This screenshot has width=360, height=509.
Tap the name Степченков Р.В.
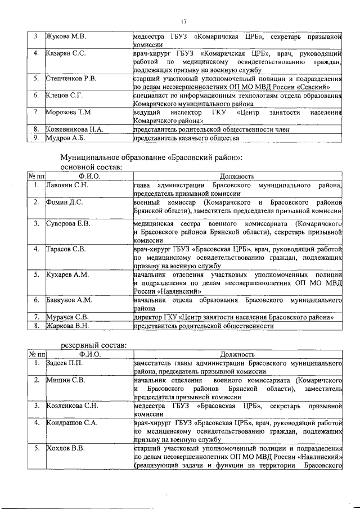point(71,78)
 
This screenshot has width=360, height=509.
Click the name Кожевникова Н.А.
point(74,129)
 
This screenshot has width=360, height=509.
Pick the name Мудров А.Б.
point(65,137)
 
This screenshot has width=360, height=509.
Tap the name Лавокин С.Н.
point(66,184)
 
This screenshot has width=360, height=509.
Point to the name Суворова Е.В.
point(67,224)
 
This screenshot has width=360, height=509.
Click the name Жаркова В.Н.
point(67,325)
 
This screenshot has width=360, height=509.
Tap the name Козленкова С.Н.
point(71,406)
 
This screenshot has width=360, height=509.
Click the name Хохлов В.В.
point(65,448)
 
